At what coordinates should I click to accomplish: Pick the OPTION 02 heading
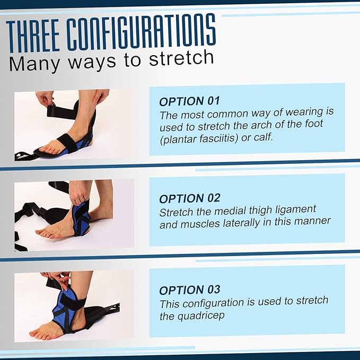(x=190, y=198)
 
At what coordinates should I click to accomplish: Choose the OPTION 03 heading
(x=190, y=290)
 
